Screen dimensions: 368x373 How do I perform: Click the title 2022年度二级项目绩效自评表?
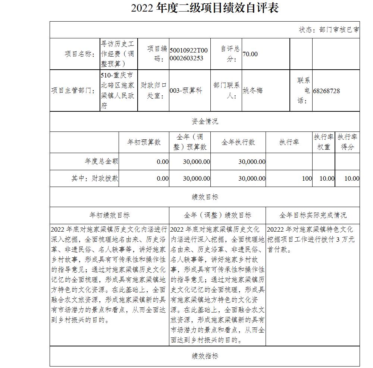point(205,8)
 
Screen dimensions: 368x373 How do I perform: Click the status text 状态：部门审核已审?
point(329,30)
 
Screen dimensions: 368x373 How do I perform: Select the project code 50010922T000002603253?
point(189,54)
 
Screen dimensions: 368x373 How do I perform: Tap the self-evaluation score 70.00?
point(250,54)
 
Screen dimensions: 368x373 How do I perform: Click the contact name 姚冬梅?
point(253,91)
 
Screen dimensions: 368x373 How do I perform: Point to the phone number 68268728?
point(326,91)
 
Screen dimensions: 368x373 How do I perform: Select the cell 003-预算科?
point(186,91)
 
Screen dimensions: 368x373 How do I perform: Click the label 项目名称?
point(79,54)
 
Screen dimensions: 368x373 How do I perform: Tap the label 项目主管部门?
point(73,91)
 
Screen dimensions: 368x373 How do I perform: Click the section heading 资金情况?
point(205,121)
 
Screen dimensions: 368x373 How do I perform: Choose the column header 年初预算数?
point(144,142)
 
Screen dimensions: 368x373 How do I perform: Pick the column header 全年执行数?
point(238,142)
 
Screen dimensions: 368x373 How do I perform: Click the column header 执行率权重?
point(323,142)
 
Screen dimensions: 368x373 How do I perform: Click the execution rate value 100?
point(307,178)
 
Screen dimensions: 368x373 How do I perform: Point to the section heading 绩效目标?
point(205,197)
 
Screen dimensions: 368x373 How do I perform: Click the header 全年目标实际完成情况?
point(313,215)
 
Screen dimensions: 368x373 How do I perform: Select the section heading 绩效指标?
point(205,356)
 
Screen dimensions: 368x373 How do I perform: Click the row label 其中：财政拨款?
point(95,178)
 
